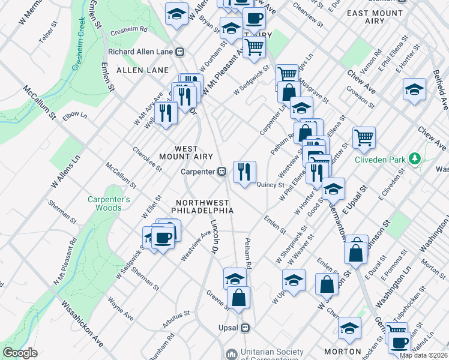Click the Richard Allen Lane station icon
(x=179, y=52)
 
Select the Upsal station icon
(x=245, y=328)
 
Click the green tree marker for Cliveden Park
(x=414, y=160)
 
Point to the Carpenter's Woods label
(x=109, y=203)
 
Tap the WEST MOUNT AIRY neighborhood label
(x=186, y=152)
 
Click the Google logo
(x=20, y=353)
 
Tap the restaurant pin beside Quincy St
(x=244, y=172)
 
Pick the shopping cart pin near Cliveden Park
(x=364, y=137)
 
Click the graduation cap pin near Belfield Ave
(x=414, y=89)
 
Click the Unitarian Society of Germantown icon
(x=231, y=354)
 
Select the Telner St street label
(x=46, y=37)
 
